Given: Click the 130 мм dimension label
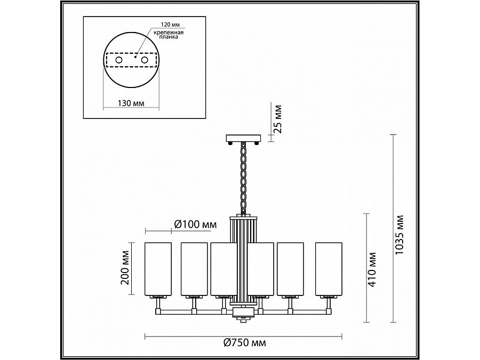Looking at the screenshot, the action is [131, 103].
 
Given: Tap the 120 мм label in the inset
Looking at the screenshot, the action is [171, 25].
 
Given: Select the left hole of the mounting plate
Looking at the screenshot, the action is [119, 60].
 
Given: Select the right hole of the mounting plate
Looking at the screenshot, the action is [145, 60].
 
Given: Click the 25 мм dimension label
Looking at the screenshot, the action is [277, 119].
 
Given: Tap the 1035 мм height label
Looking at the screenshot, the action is [399, 235].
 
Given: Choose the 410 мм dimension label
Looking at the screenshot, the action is [372, 269].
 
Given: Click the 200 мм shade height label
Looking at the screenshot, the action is [125, 268].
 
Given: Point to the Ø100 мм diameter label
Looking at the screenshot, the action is [195, 225].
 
